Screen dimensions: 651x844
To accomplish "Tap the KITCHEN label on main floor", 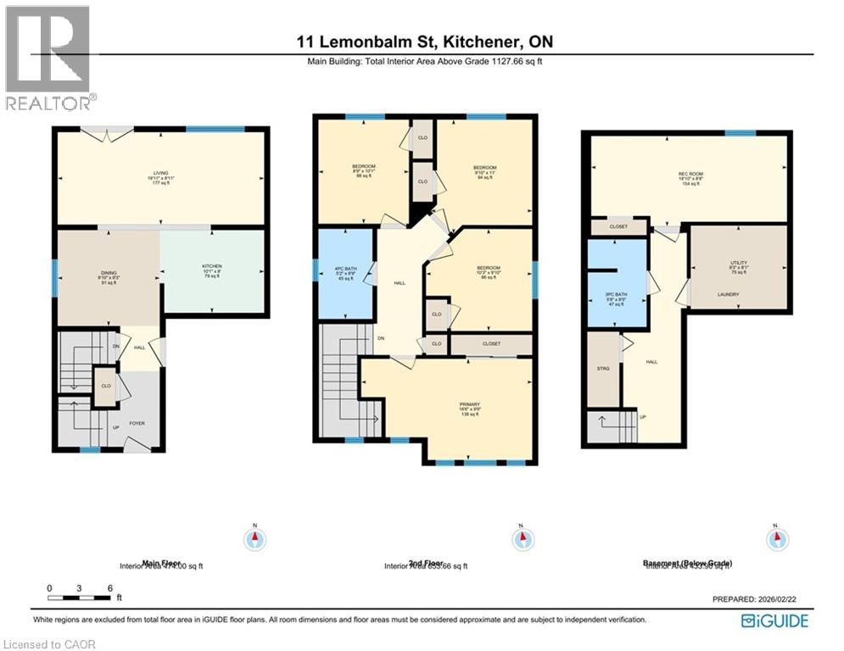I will [x=211, y=266].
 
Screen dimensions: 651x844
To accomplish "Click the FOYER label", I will [x=136, y=420].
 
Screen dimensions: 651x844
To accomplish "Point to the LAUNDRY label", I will [x=728, y=295].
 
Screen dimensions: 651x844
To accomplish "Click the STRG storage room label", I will [x=603, y=369].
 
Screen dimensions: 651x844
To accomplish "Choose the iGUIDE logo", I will [x=774, y=621].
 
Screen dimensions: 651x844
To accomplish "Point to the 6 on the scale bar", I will [x=109, y=587].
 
